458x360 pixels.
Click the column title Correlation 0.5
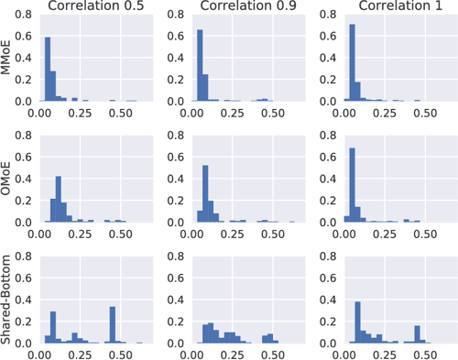coord(92,8)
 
